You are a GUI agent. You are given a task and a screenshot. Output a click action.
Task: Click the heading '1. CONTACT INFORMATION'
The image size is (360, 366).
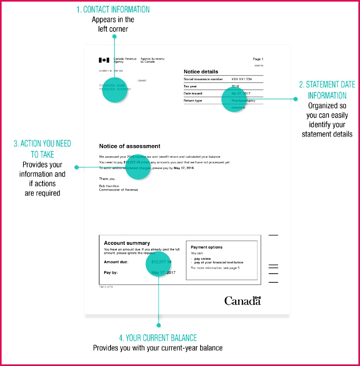(113, 9)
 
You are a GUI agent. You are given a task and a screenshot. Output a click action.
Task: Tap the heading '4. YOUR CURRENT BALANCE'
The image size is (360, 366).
(158, 338)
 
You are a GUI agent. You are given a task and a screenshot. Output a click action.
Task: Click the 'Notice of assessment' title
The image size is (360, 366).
(130, 146)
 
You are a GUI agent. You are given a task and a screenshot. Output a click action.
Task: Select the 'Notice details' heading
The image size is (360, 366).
(201, 72)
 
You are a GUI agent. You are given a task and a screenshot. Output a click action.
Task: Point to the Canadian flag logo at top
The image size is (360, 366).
(104, 60)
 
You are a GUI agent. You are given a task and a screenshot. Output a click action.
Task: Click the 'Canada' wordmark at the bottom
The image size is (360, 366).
(242, 301)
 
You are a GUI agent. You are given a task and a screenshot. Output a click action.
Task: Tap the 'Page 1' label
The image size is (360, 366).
(258, 59)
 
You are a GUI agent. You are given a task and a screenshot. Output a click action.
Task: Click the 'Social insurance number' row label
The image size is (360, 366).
(203, 79)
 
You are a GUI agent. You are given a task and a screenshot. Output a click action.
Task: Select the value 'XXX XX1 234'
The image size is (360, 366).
(241, 79)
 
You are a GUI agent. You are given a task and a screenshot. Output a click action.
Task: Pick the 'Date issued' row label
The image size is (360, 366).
(193, 93)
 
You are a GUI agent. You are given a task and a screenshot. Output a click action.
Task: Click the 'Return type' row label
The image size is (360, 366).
(193, 101)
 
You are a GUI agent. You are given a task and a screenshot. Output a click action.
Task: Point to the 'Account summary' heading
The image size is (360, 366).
(127, 243)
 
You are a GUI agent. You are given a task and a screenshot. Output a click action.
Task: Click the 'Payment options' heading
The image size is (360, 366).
(206, 247)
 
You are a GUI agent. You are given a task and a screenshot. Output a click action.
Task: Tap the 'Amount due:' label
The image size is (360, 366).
(116, 262)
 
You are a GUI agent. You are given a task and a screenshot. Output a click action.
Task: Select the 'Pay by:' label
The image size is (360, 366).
(111, 273)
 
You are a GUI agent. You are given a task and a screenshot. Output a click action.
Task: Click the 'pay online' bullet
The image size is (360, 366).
(202, 259)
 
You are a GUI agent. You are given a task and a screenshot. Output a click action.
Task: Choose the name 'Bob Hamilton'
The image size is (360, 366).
(109, 186)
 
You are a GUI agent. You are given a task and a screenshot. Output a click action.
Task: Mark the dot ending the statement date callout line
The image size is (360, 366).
(296, 99)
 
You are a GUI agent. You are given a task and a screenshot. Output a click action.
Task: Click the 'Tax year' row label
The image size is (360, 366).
(190, 86)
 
